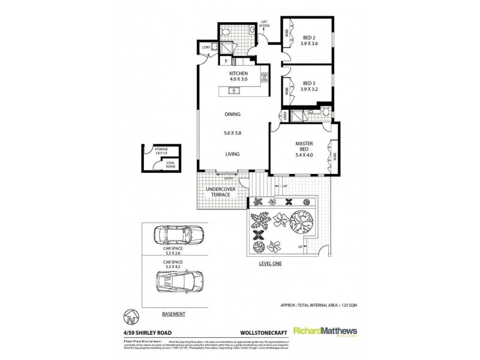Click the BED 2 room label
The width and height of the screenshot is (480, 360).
[310, 38]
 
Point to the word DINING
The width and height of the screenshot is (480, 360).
[233, 115]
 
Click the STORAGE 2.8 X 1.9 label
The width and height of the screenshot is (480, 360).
[161, 151]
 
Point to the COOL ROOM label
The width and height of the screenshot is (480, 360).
[170, 164]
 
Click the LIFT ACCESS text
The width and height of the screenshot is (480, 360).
[264, 25]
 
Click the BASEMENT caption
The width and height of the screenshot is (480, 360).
[173, 314]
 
